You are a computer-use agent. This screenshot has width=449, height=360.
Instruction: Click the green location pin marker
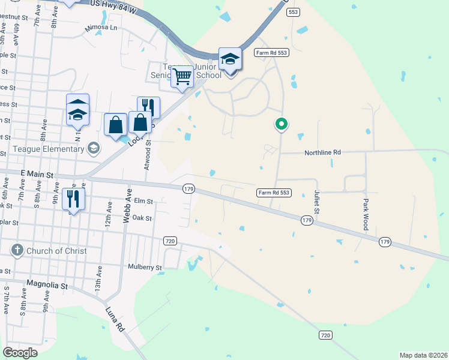tap(281, 124)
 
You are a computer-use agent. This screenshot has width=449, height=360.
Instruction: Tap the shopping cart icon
tap(182, 76)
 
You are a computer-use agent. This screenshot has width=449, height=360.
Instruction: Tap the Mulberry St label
tap(145, 267)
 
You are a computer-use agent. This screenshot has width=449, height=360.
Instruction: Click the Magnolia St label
tap(47, 283)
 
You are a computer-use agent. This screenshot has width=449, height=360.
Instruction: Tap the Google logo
tap(20, 352)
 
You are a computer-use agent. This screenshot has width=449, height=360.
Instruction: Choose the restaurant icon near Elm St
tap(74, 198)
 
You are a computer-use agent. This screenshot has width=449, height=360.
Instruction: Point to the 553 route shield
tap(293, 12)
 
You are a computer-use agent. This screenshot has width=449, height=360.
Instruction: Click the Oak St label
tap(142, 218)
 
